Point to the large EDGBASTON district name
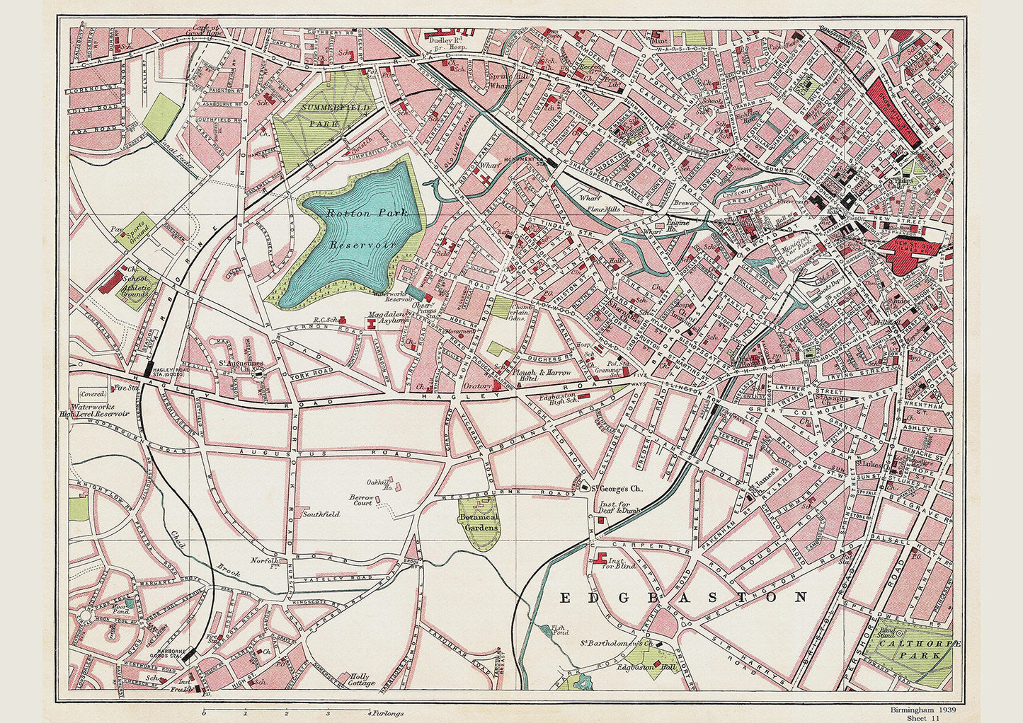tap(683, 598)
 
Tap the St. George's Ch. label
tap(616, 488)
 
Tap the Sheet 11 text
tap(922, 718)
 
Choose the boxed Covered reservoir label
tap(92, 394)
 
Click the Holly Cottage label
tap(362, 680)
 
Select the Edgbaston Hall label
tap(638, 666)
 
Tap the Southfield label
tap(316, 515)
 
